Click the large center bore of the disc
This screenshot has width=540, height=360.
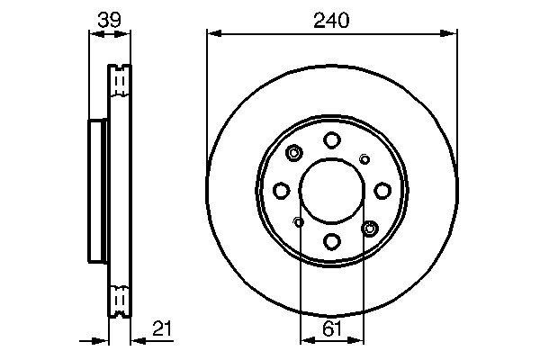(x=331, y=190)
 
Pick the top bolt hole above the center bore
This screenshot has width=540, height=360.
(x=331, y=139)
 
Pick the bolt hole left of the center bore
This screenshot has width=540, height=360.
(x=281, y=190)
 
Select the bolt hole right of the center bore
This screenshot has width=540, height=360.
(x=382, y=190)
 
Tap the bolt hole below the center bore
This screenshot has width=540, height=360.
(x=331, y=240)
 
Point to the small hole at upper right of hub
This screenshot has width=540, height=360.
(x=364, y=159)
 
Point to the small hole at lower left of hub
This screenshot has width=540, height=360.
(x=299, y=220)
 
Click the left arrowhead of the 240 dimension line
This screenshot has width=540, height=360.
(x=212, y=34)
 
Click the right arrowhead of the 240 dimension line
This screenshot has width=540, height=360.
(x=452, y=34)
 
